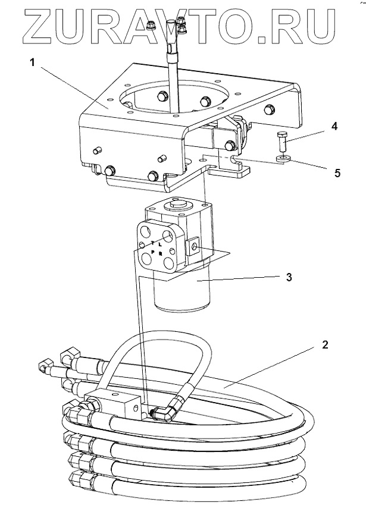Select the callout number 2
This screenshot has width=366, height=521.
(326, 344)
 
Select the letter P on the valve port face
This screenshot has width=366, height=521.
(152, 252)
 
